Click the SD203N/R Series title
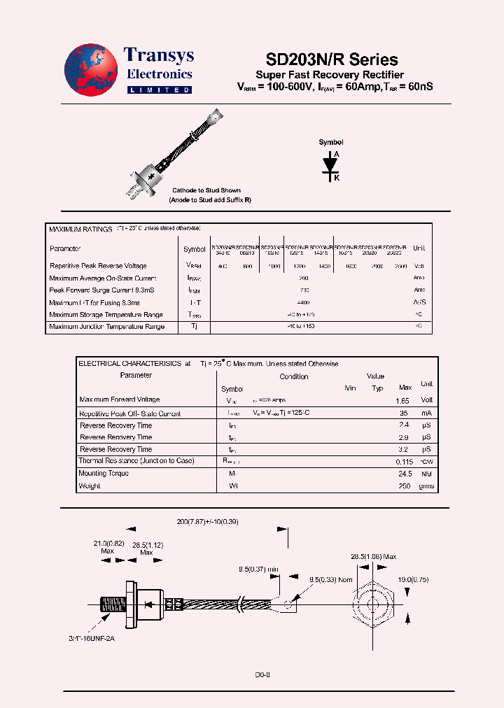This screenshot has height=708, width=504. point(332,59)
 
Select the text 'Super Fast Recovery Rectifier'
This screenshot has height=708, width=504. point(330,75)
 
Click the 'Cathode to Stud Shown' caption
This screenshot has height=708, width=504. point(206,190)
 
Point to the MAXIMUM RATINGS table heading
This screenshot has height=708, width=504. point(80,229)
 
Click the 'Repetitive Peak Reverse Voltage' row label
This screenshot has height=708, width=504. point(98,266)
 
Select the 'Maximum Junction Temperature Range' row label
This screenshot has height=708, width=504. point(106,327)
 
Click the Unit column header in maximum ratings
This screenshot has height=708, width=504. point(419,248)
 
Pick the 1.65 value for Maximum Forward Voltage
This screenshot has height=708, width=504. point(402,401)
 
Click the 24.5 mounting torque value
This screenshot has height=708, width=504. point(403,474)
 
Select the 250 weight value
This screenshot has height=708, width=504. point(405,486)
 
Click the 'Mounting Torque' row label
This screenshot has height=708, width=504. point(104,474)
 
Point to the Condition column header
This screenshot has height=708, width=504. point(293,376)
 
